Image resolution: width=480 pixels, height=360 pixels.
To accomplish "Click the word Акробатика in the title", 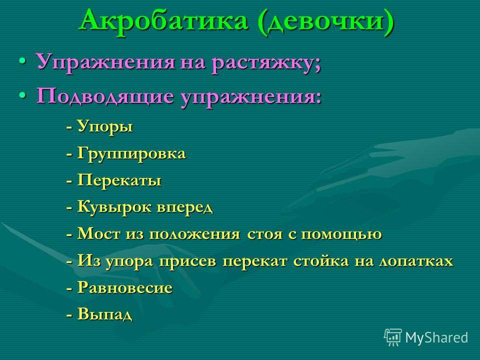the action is pos(164,21).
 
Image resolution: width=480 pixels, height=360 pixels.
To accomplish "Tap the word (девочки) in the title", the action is pos(325,22).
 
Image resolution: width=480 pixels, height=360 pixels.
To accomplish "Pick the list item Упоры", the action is pos(104,126).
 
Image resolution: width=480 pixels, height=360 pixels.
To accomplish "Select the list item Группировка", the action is pos(131,153).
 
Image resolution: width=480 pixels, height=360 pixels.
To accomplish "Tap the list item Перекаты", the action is pos(119,180).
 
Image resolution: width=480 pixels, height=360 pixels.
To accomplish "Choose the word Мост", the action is pos(98,234).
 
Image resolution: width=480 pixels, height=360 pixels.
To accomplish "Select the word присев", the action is pos(187,261).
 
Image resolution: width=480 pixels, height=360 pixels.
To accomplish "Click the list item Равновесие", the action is pos(125,288).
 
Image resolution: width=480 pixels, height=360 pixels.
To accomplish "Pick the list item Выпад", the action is pos(104,314).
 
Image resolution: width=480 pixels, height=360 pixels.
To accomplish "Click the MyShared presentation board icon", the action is pos(393,337).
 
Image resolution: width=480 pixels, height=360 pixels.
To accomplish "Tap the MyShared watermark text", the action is pos(436,337).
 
